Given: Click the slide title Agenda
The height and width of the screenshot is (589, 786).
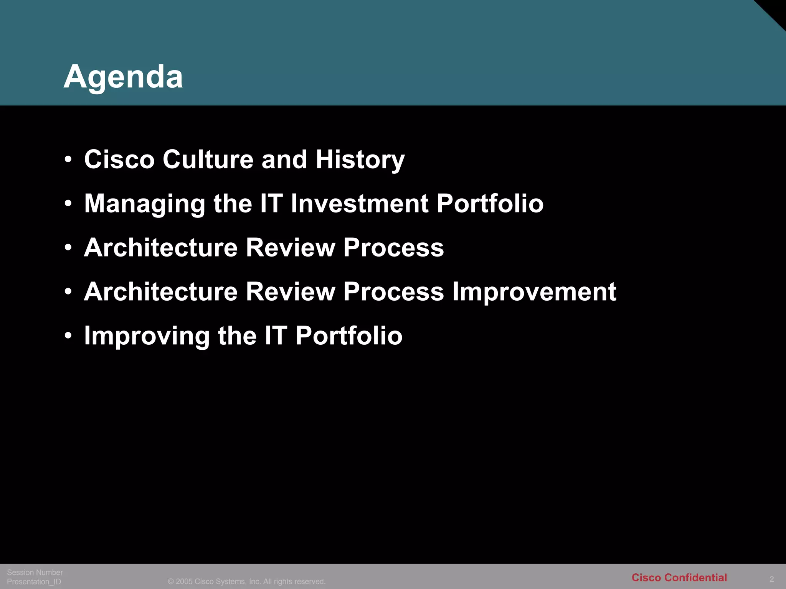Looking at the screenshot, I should click(x=123, y=77).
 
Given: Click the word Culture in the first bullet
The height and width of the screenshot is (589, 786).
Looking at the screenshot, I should click(x=208, y=159).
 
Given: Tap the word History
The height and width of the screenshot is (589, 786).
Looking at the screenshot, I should click(x=360, y=160).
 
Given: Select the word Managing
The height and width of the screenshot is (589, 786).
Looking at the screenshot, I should click(x=145, y=204).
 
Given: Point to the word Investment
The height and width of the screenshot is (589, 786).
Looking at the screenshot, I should click(x=359, y=203).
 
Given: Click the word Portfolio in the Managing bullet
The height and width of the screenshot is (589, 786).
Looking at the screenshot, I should click(x=490, y=203).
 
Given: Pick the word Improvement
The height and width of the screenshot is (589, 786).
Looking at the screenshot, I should click(x=534, y=292).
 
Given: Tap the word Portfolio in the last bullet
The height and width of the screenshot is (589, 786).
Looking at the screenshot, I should click(x=349, y=336).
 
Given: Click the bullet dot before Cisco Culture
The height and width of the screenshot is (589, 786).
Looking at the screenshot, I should click(x=68, y=160).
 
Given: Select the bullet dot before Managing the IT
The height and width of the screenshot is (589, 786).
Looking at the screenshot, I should click(x=68, y=204).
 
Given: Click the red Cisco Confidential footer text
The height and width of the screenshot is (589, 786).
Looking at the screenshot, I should click(x=679, y=577).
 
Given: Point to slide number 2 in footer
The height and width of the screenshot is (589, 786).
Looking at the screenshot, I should click(x=771, y=579).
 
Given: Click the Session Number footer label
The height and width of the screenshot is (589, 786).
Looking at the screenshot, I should click(x=35, y=572).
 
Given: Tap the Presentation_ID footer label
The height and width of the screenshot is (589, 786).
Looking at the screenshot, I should click(x=34, y=582).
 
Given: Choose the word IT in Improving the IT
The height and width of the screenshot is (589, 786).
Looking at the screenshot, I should click(x=275, y=336).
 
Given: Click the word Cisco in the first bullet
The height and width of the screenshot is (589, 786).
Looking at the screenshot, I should click(x=119, y=159).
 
